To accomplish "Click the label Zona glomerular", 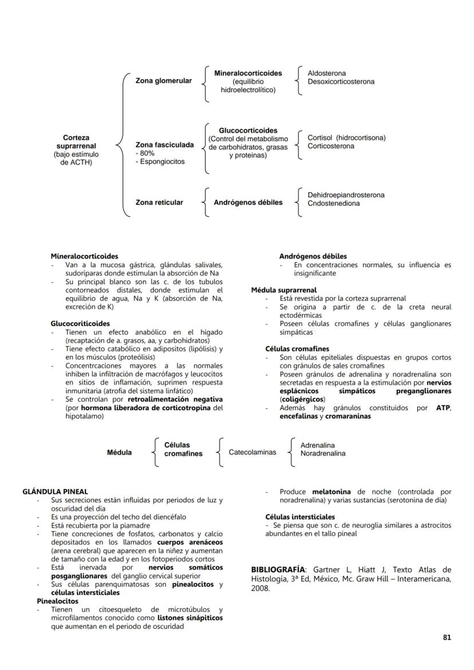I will click(163, 81).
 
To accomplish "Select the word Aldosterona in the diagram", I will click(326, 74).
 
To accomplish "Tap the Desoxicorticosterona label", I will click(341, 82).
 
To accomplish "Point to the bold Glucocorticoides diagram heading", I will click(248, 131).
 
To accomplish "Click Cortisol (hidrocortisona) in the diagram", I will click(346, 138).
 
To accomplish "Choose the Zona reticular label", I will click(159, 203).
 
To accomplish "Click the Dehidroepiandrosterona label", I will click(346, 195).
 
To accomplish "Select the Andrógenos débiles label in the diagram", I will click(248, 203).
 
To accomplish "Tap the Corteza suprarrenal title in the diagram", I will click(76, 142).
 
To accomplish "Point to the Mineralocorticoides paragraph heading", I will click(84, 257).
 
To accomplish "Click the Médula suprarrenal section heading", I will click(284, 290).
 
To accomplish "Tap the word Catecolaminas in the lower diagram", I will click(252, 453).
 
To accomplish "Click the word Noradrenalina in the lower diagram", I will click(323, 453).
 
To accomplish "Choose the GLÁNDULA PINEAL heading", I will click(55, 491).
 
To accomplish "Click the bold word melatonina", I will click(331, 491).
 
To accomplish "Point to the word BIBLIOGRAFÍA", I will click(278, 570).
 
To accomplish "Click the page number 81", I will click(447, 637).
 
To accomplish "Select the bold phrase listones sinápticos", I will click(191, 618).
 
